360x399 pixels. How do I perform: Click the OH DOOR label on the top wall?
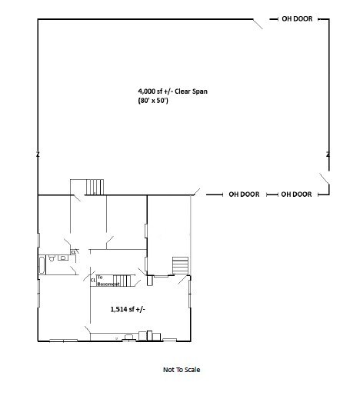pyautogui.click(x=296, y=18)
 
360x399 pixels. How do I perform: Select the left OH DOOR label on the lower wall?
pyautogui.click(x=244, y=195)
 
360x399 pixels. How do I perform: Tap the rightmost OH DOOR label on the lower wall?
pyautogui.click(x=296, y=195)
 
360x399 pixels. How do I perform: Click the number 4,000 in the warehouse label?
pyautogui.click(x=148, y=91)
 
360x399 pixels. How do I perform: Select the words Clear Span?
pyautogui.click(x=192, y=91)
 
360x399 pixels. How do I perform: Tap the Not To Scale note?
pyautogui.click(x=182, y=370)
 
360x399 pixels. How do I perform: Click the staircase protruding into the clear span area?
pyautogui.click(x=93, y=186)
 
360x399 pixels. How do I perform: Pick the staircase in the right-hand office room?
pyautogui.click(x=179, y=265)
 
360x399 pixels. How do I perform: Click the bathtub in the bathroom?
pyautogui.click(x=42, y=265)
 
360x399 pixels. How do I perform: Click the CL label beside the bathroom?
pyautogui.click(x=74, y=251)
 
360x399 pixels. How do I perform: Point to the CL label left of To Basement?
pyautogui.click(x=92, y=281)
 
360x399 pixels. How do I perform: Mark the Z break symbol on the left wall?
pyautogui.click(x=38, y=155)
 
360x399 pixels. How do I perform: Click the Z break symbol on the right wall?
pyautogui.click(x=328, y=155)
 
